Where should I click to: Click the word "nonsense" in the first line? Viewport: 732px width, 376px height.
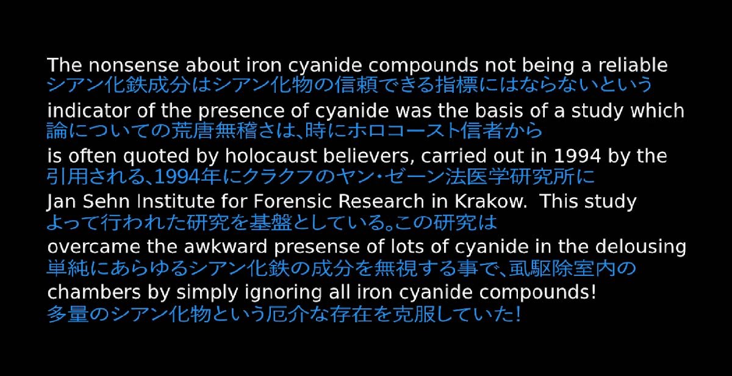point(134,65)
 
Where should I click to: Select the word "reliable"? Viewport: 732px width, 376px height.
point(633,65)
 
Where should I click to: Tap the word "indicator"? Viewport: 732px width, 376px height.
point(89,110)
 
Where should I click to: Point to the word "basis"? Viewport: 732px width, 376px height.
point(499,110)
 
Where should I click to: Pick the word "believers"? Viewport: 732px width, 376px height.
point(369,157)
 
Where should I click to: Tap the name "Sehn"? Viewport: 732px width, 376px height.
point(106,201)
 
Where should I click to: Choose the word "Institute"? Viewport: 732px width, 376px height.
point(176,201)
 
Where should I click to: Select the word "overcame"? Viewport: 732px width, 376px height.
point(94,247)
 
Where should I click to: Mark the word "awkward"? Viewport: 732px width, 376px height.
point(226,247)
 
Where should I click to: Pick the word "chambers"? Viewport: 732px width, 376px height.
point(94,292)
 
